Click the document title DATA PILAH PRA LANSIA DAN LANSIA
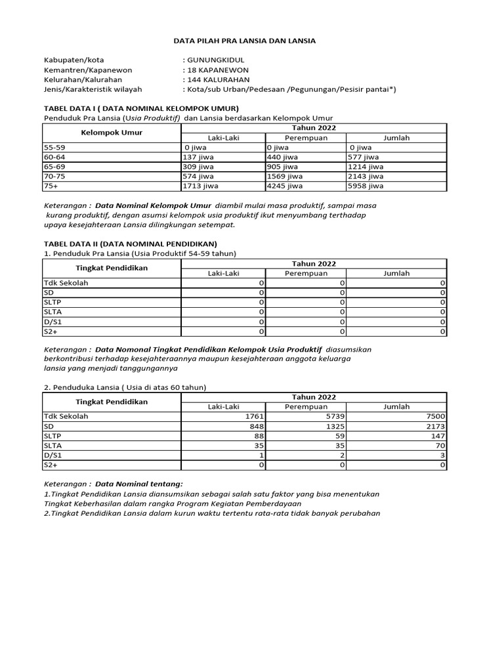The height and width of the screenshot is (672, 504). click(244, 41)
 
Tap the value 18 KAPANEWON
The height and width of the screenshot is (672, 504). click(217, 70)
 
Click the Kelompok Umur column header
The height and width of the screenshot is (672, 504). click(112, 133)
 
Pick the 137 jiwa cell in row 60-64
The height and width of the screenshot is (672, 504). click(200, 157)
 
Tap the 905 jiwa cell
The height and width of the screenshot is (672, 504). click(282, 167)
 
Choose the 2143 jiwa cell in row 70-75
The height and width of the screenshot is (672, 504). click(366, 177)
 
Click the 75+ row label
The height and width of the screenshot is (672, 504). click(51, 186)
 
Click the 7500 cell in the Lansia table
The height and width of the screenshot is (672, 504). click(435, 416)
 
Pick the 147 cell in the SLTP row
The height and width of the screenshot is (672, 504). click(438, 436)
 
